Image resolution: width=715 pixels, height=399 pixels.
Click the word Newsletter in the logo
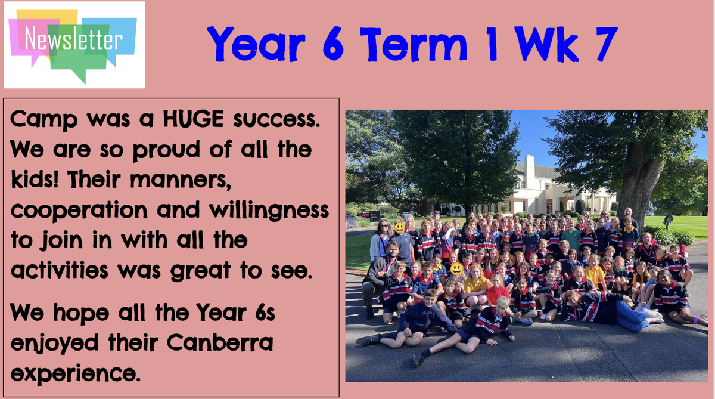(x=73, y=38)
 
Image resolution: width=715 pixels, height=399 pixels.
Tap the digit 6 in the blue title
(x=333, y=44)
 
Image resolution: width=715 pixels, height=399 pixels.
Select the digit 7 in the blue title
(x=606, y=44)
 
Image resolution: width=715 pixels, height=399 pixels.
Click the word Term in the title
(x=413, y=44)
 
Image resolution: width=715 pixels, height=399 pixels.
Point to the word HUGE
(x=194, y=119)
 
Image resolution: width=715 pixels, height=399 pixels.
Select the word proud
(x=166, y=150)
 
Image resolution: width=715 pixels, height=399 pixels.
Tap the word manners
(x=181, y=180)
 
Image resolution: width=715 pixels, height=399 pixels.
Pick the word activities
(x=60, y=270)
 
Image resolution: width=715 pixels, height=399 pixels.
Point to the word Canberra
(x=220, y=342)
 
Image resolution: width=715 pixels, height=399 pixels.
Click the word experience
(x=75, y=373)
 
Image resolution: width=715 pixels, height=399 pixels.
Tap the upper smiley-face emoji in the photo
(x=400, y=228)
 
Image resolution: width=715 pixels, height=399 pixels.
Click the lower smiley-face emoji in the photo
(x=456, y=269)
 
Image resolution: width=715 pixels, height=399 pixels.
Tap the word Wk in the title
(x=548, y=44)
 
